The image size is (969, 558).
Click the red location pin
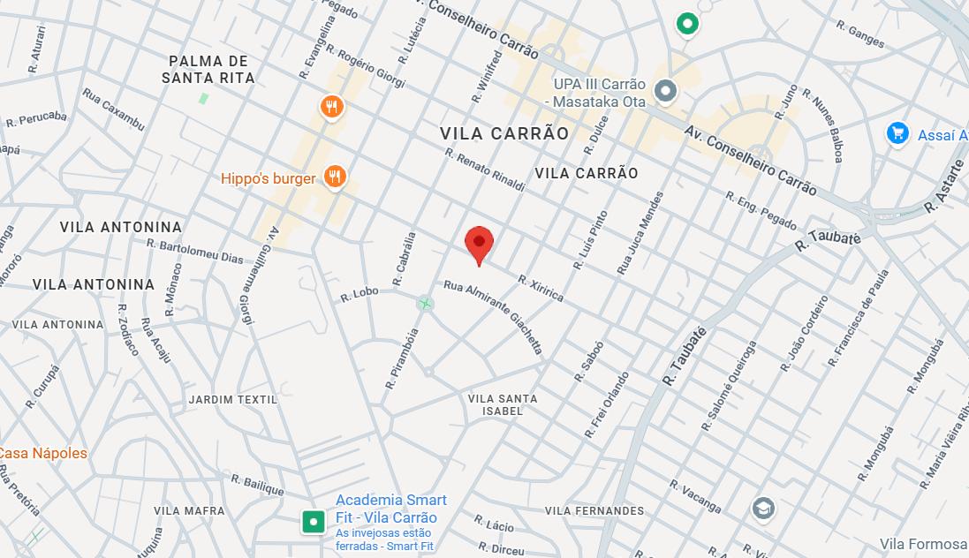point(479,243)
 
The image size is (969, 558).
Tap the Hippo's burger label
point(268,179)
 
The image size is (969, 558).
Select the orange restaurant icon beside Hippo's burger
point(334,177)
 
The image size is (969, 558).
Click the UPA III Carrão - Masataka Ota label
point(600,93)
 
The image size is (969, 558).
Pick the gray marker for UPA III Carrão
point(665,90)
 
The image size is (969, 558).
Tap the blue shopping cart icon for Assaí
point(897,134)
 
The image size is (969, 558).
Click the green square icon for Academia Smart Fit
point(313,522)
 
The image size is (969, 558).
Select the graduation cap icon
point(762,509)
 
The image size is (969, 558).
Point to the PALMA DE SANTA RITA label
point(208,70)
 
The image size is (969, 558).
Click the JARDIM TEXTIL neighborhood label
point(232,400)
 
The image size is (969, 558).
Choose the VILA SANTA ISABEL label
point(502,404)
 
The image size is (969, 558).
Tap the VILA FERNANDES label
point(594,511)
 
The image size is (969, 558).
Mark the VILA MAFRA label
point(190,511)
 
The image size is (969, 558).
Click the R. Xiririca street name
point(541,288)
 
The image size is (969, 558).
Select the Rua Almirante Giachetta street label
point(493,317)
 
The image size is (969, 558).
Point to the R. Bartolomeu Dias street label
point(194,251)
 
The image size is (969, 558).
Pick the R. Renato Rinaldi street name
point(485,170)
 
